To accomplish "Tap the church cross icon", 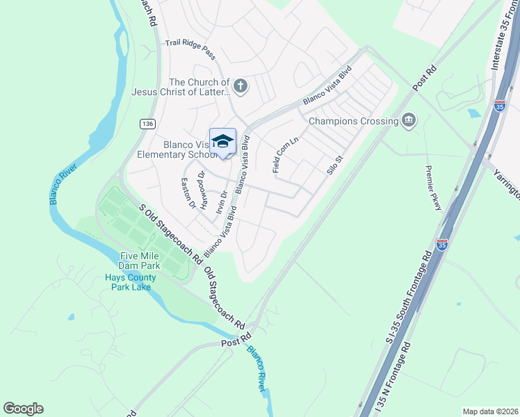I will (240, 87).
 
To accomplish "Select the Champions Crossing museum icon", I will (409, 121).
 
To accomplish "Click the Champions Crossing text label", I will (352, 121).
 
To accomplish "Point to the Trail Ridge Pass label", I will (190, 48).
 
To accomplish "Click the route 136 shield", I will (147, 123).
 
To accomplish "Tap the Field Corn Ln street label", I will (285, 154).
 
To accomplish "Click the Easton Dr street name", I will (188, 194).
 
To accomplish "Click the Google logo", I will (23, 409).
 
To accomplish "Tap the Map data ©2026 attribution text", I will (490, 411).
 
